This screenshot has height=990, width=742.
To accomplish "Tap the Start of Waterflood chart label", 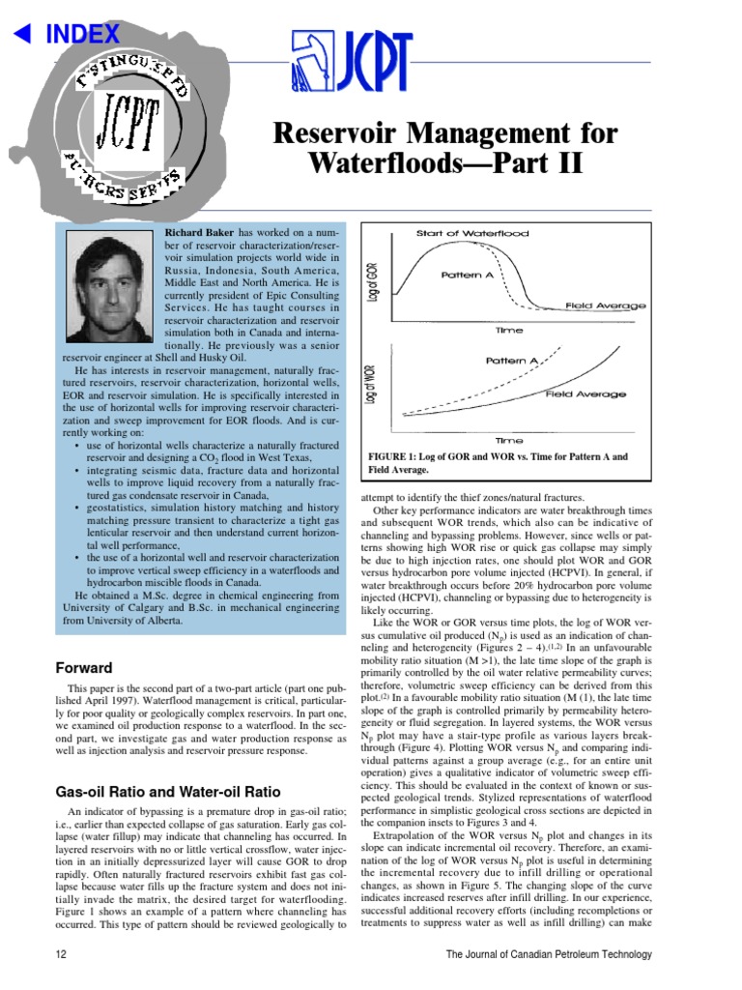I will [x=472, y=233].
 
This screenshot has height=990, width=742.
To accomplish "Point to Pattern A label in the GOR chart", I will [x=468, y=275].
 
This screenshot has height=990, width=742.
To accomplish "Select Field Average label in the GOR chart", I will [x=606, y=306].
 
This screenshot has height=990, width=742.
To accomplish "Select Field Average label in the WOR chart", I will [x=585, y=393].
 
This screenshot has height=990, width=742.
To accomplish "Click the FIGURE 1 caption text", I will [x=498, y=462].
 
